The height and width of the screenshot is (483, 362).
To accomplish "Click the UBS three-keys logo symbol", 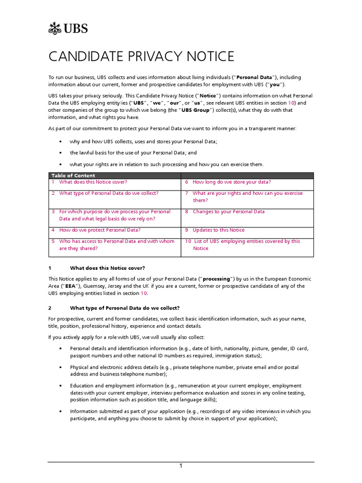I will pyautogui.click(x=56, y=28).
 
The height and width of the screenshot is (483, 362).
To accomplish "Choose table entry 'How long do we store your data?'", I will pyautogui.click(x=231, y=182).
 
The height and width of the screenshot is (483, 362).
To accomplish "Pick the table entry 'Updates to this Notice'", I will pyautogui.click(x=219, y=230).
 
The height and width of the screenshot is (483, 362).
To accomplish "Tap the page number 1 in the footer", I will pyautogui.click(x=181, y=466).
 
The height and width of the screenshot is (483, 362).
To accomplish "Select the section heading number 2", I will pyautogui.click(x=50, y=308).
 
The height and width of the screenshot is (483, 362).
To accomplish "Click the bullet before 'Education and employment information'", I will pyautogui.click(x=60, y=386).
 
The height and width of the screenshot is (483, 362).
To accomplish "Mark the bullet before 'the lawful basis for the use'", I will pyautogui.click(x=60, y=153).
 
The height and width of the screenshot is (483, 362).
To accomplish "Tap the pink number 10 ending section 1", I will pyautogui.click(x=144, y=293).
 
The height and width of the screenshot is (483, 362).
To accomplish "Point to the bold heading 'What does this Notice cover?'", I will pyautogui.click(x=107, y=267).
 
